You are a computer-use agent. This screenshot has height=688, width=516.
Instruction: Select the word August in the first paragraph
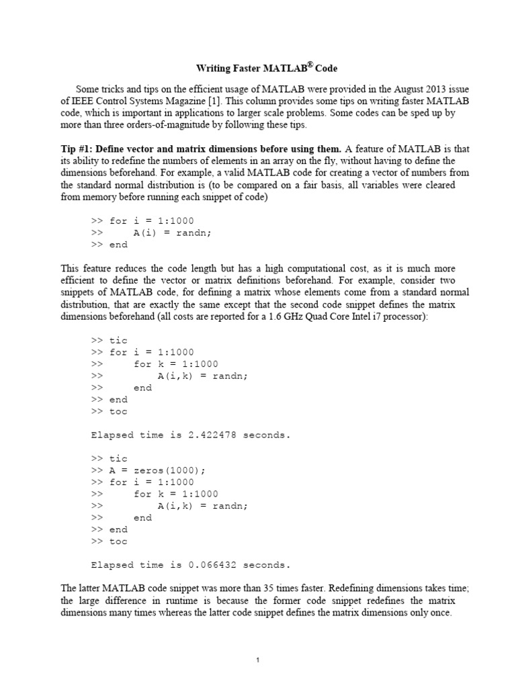point(395,88)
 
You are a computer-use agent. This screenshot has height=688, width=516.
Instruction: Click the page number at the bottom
point(258,660)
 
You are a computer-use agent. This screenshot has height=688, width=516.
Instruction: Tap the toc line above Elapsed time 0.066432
point(118,542)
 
